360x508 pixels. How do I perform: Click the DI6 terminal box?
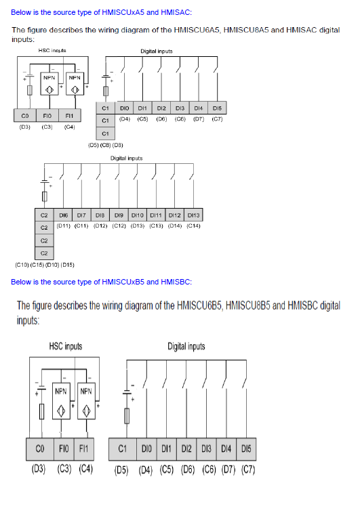[63, 215]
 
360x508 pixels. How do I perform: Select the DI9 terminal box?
[119, 215]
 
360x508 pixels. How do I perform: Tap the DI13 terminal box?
[194, 215]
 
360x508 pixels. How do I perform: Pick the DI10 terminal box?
[138, 215]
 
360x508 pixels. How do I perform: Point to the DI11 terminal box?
[156, 215]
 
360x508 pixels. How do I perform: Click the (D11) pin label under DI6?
[63, 226]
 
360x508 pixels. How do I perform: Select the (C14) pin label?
[194, 226]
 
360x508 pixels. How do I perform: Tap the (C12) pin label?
[119, 226]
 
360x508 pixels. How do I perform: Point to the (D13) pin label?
[138, 226]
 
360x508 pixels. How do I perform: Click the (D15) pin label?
[68, 265]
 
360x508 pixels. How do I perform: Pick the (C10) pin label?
[22, 265]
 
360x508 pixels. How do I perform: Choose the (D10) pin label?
[52, 265]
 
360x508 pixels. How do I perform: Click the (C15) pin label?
[37, 265]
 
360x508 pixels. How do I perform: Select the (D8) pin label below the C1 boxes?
[117, 145]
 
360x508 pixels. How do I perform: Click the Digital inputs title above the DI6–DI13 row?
[127, 158]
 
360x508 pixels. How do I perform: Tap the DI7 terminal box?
[82, 215]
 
